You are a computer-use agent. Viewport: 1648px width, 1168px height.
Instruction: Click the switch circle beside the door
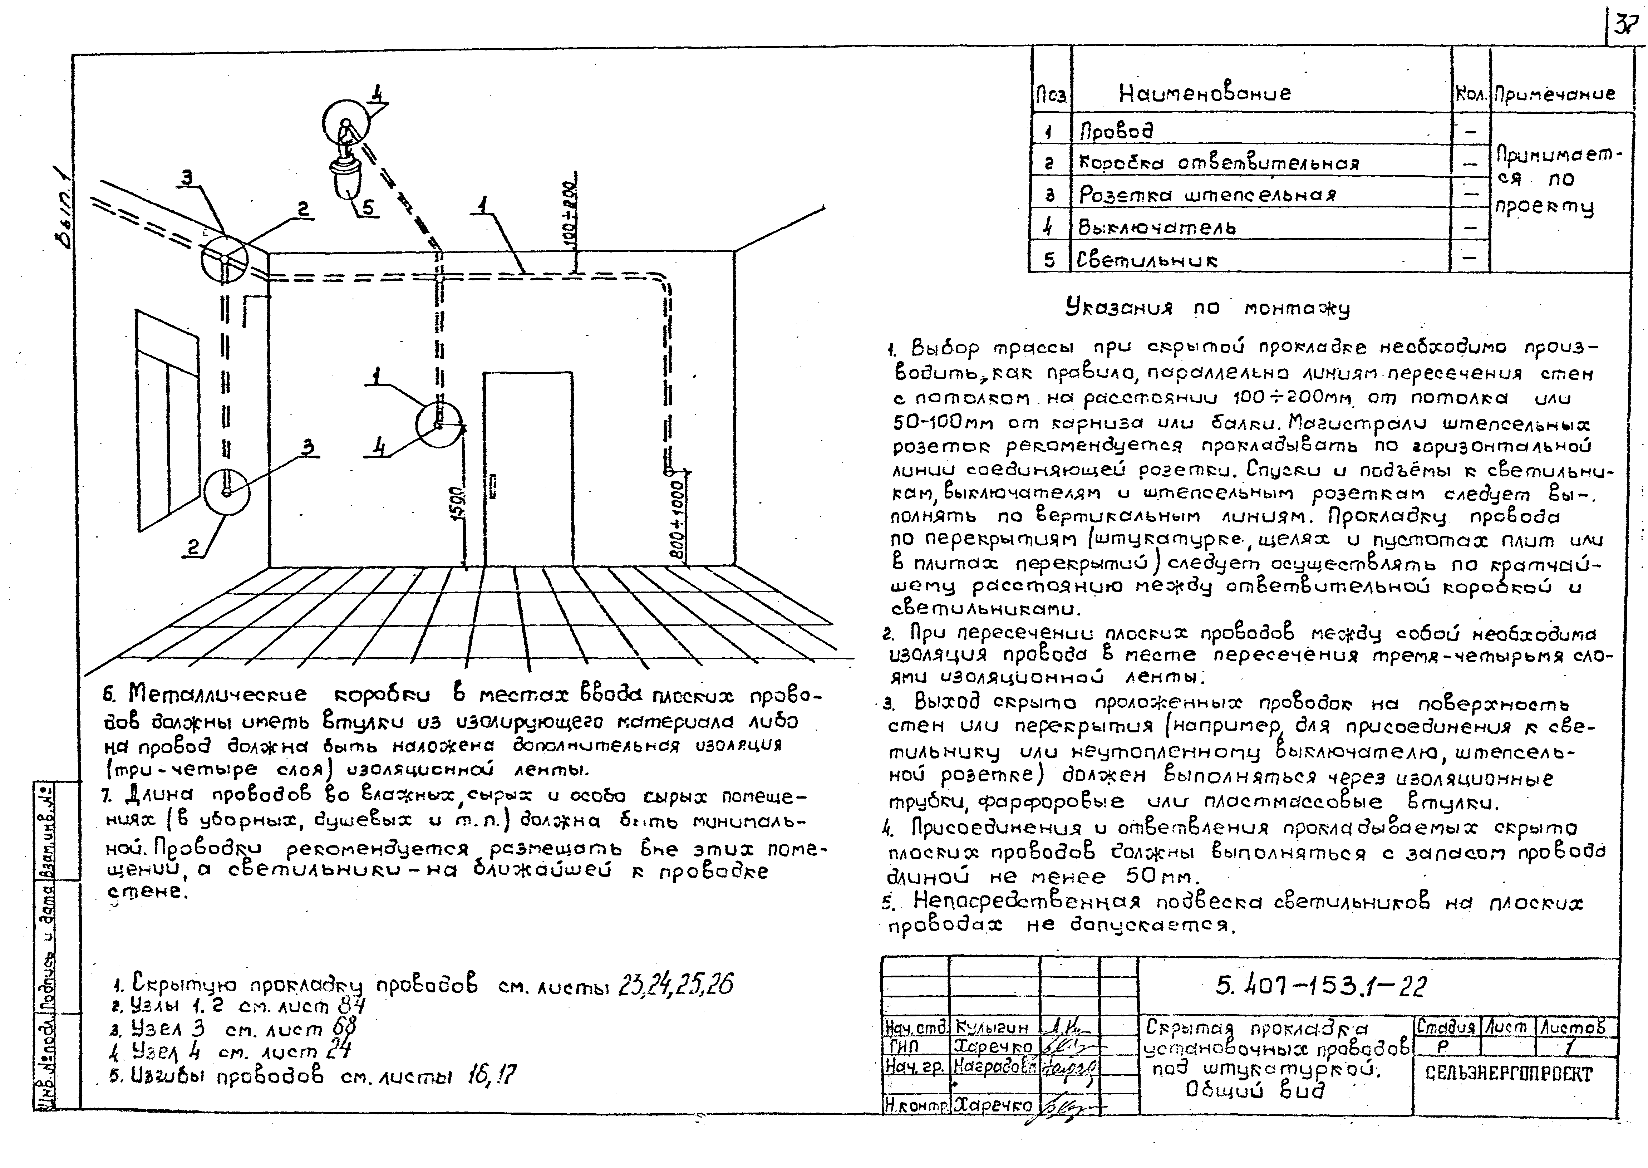pos(439,424)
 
